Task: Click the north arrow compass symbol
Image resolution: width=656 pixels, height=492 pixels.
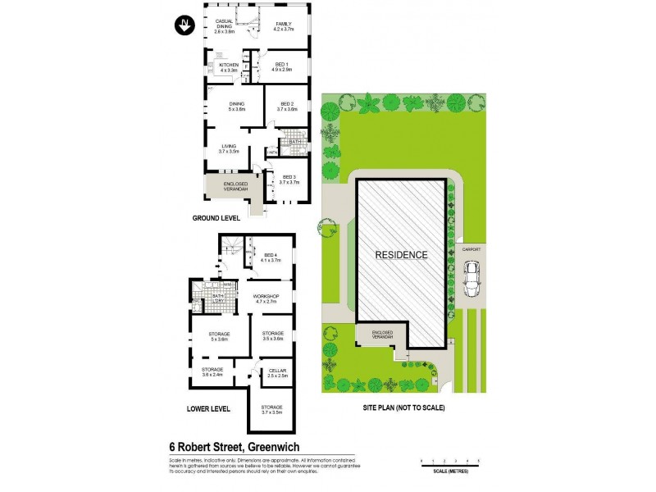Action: coord(184,25)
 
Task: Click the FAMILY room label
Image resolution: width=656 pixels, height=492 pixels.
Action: coord(284,25)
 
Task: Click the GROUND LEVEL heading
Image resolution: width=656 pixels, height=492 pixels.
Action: coord(216,219)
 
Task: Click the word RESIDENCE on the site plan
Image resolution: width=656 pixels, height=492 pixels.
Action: coord(401,255)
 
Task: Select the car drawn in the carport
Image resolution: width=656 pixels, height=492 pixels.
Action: coord(472,279)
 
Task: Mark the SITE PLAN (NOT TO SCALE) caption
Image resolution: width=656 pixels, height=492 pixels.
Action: coord(403,408)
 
